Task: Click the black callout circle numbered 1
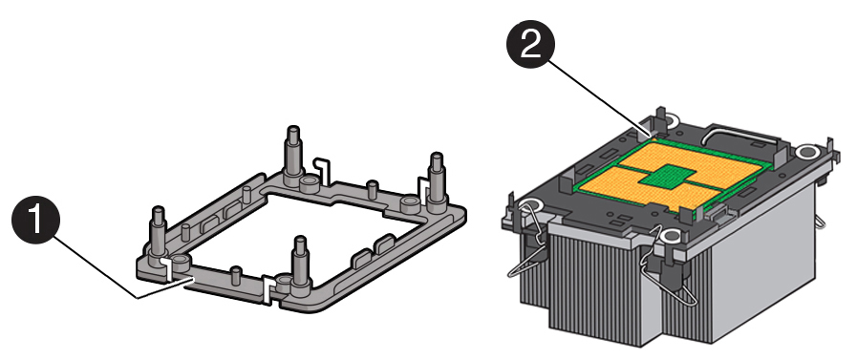pyautogui.click(x=35, y=219)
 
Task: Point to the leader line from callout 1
pyautogui.click(x=165, y=287)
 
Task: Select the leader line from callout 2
pyautogui.click(x=598, y=96)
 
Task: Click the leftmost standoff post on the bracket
pyautogui.click(x=158, y=230)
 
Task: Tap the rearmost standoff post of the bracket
pyautogui.click(x=292, y=156)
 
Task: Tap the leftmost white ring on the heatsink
pyautogui.click(x=530, y=206)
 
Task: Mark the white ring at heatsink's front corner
pyautogui.click(x=670, y=236)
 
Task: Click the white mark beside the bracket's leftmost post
pyautogui.click(x=169, y=268)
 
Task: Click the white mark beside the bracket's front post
pyautogui.click(x=268, y=287)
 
